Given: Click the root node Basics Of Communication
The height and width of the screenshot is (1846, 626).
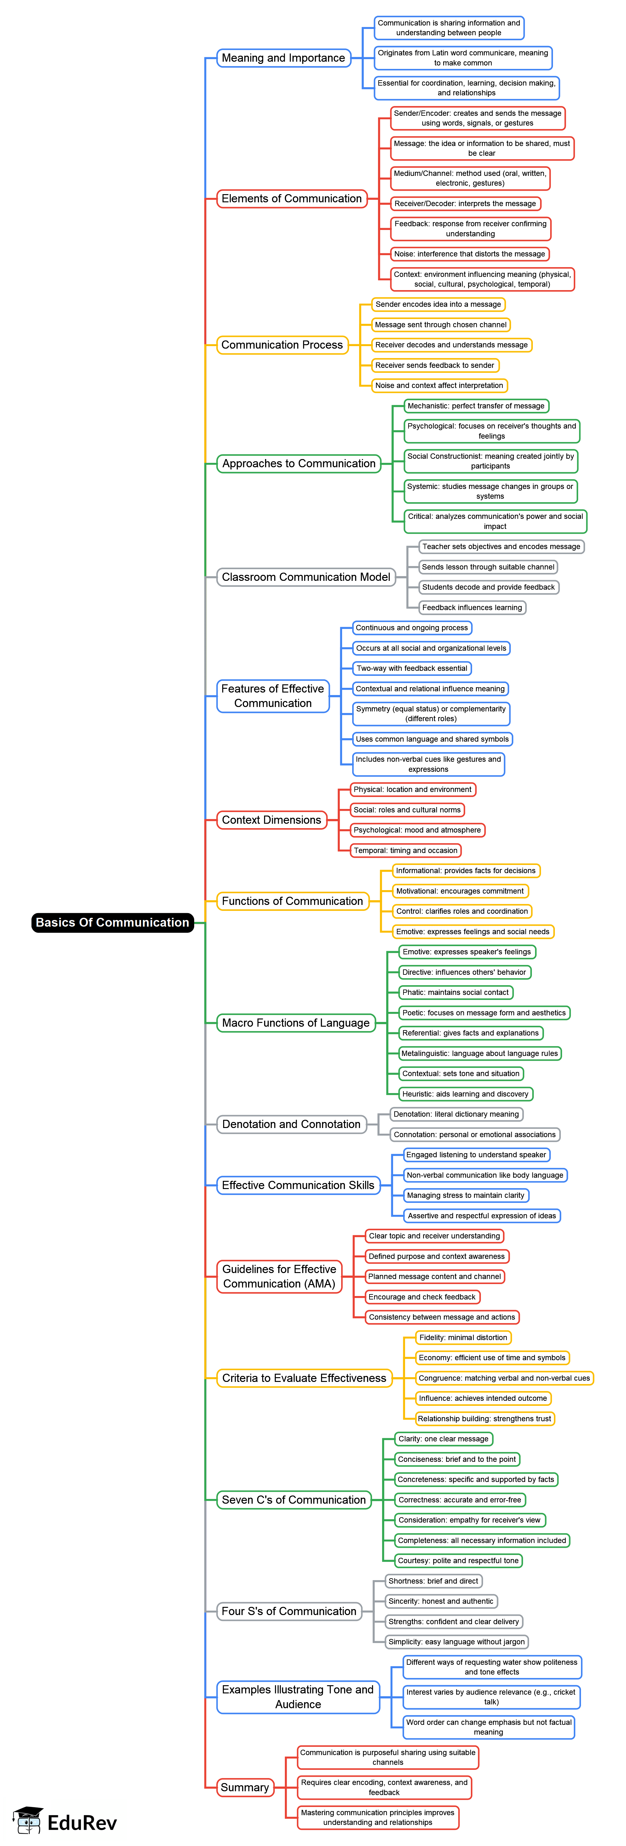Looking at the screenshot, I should (113, 922).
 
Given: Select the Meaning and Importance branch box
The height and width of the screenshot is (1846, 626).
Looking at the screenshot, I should (283, 58).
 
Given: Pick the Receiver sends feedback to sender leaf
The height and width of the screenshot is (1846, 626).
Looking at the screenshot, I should (435, 366).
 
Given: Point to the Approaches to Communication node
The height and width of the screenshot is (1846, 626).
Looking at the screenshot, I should (298, 464).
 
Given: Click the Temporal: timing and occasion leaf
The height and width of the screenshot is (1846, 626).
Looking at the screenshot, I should (405, 850).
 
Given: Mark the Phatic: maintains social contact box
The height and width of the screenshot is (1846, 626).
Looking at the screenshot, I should (455, 992).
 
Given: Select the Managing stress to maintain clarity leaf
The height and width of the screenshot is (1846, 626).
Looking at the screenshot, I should (466, 1195).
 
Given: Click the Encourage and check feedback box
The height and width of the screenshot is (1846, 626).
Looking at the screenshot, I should (422, 1297).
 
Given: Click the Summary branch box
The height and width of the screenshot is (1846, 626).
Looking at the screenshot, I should (245, 1787).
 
